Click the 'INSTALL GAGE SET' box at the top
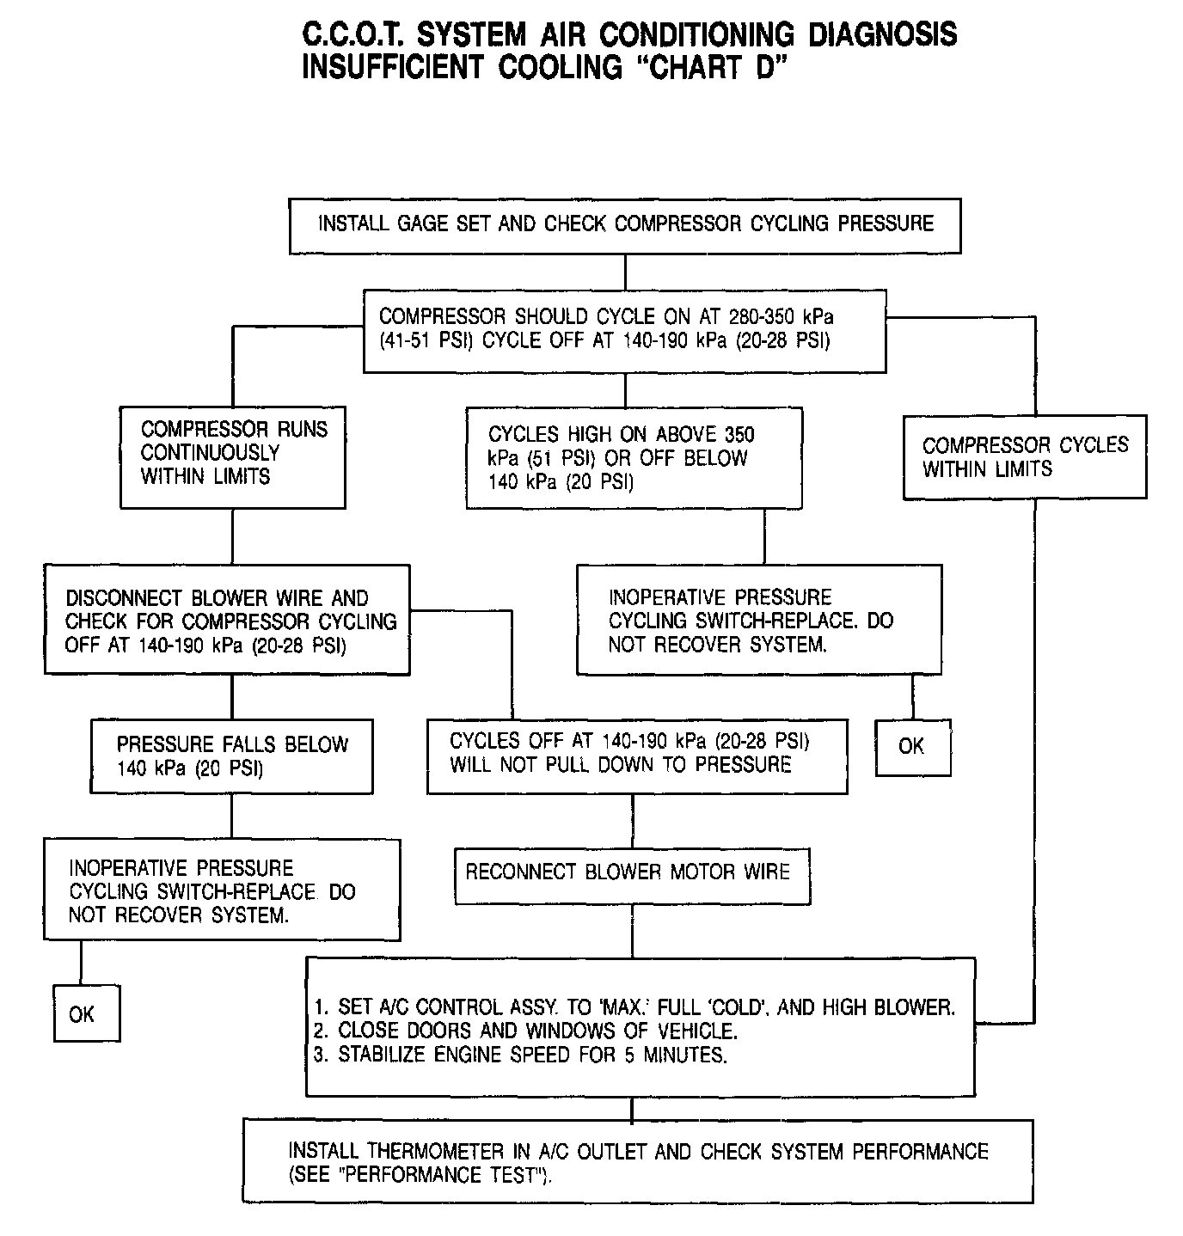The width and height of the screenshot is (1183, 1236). [625, 225]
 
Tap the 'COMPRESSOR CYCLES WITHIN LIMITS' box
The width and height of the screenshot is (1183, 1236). [1025, 457]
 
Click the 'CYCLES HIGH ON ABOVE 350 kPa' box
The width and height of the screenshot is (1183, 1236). [634, 458]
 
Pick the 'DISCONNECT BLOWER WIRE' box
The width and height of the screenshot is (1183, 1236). [227, 620]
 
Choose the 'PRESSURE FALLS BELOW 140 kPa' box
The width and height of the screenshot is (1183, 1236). [231, 756]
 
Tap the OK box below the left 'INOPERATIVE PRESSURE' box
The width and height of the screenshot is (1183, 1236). [86, 1014]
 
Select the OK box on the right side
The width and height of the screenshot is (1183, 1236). [912, 747]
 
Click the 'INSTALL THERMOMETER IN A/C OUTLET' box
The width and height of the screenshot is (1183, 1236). [638, 1162]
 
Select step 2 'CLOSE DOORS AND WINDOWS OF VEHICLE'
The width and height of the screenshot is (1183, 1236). [525, 1031]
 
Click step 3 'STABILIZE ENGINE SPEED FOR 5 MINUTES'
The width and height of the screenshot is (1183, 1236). [520, 1055]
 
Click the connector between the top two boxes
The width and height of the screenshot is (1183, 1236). [625, 272]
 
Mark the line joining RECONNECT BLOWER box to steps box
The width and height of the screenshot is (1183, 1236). [633, 931]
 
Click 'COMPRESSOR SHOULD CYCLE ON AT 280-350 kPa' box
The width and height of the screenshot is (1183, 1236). [625, 329]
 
